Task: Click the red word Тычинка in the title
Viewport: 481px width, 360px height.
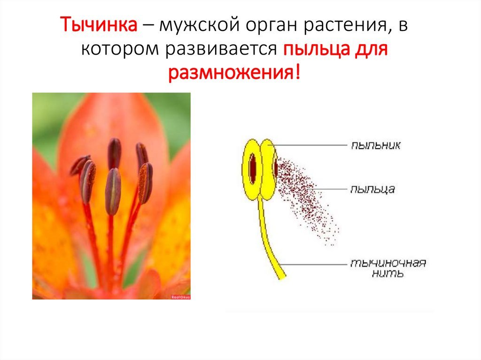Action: click(99, 24)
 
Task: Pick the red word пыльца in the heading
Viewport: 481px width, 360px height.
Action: click(316, 49)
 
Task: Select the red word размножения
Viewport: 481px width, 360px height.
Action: click(232, 73)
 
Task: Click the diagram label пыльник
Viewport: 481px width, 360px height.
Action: click(375, 145)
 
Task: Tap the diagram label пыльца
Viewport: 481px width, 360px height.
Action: click(372, 189)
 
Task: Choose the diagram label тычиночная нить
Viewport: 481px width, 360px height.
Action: click(388, 268)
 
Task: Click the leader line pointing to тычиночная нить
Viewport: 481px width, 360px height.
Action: click(314, 264)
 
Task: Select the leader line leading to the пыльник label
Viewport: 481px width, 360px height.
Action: click(310, 145)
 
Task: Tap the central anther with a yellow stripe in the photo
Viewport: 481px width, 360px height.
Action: click(113, 191)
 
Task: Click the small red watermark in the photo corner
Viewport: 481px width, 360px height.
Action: click(181, 297)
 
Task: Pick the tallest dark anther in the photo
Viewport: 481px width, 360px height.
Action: click(114, 153)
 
